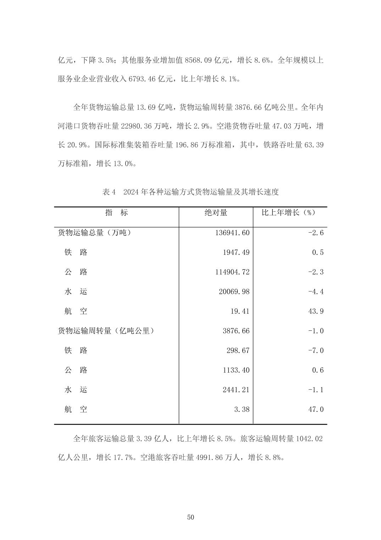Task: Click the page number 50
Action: pyautogui.click(x=190, y=517)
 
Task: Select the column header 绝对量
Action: pyautogui.click(x=216, y=212)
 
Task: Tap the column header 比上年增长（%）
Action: pyautogui.click(x=288, y=212)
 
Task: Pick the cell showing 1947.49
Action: pyautogui.click(x=236, y=252)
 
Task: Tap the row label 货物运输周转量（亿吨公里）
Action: pyautogui.click(x=106, y=331)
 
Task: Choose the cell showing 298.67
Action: pyautogui.click(x=238, y=351)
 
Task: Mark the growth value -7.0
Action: pyautogui.click(x=316, y=351)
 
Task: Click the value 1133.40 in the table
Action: pyautogui.click(x=236, y=370)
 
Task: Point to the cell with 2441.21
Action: pyautogui.click(x=236, y=390)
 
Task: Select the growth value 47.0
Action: pyautogui.click(x=316, y=409)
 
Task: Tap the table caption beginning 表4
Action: pyautogui.click(x=190, y=192)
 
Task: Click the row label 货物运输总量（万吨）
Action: pyautogui.click(x=94, y=233)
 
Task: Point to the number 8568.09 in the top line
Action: pyautogui.click(x=196, y=60)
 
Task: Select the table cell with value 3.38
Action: pyautogui.click(x=242, y=409)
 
